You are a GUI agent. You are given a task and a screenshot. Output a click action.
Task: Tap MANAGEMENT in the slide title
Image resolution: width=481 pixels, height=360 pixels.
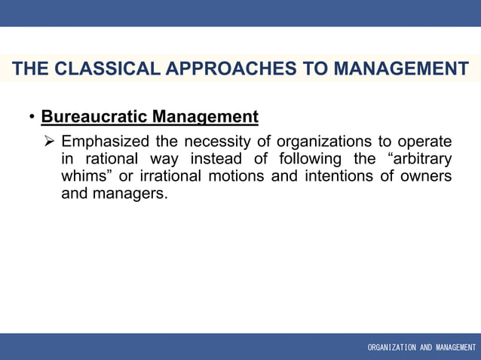[x=400, y=69]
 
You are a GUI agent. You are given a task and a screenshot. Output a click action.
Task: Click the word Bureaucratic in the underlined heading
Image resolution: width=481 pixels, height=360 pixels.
[x=94, y=117]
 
